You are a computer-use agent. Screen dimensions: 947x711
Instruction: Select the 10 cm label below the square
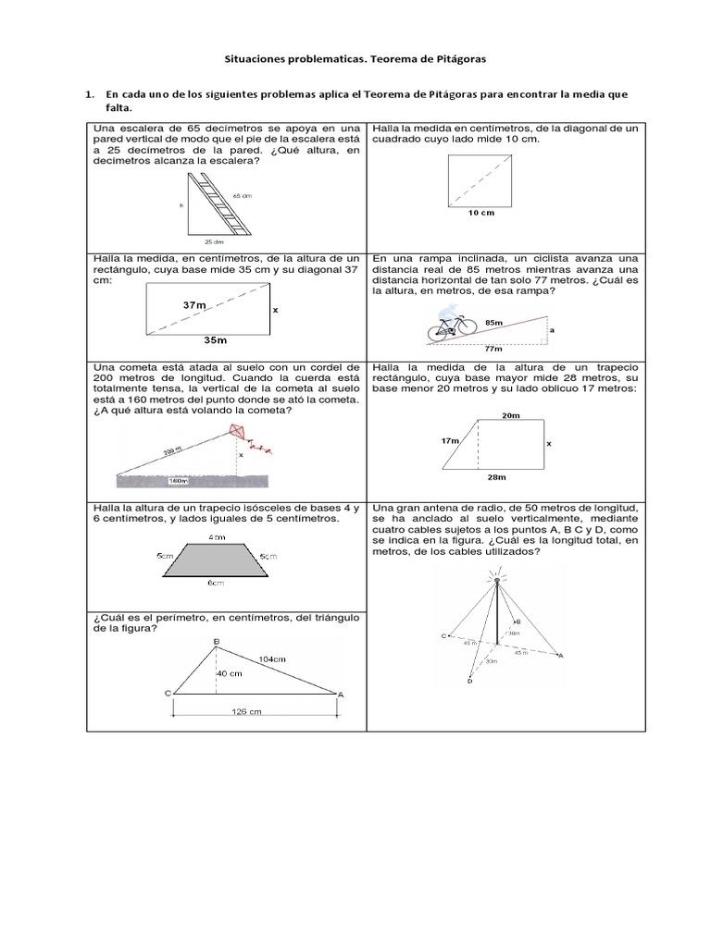(480, 213)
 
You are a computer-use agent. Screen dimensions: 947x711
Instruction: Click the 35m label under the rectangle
(215, 339)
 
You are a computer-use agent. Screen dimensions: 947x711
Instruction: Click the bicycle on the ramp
(451, 327)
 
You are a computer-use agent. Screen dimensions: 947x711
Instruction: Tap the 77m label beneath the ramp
(493, 350)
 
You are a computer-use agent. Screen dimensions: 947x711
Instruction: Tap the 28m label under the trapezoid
(496, 477)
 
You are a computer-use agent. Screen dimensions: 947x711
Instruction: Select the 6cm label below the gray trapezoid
(216, 583)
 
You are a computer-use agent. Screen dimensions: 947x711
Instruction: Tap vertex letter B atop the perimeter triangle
(216, 641)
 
